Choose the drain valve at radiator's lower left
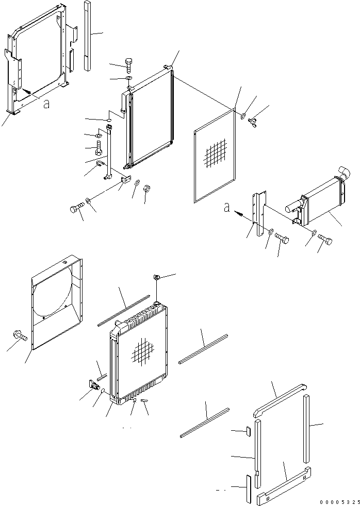[94, 385]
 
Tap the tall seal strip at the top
[87, 36]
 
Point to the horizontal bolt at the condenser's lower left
[76, 209]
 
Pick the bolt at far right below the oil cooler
[325, 240]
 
